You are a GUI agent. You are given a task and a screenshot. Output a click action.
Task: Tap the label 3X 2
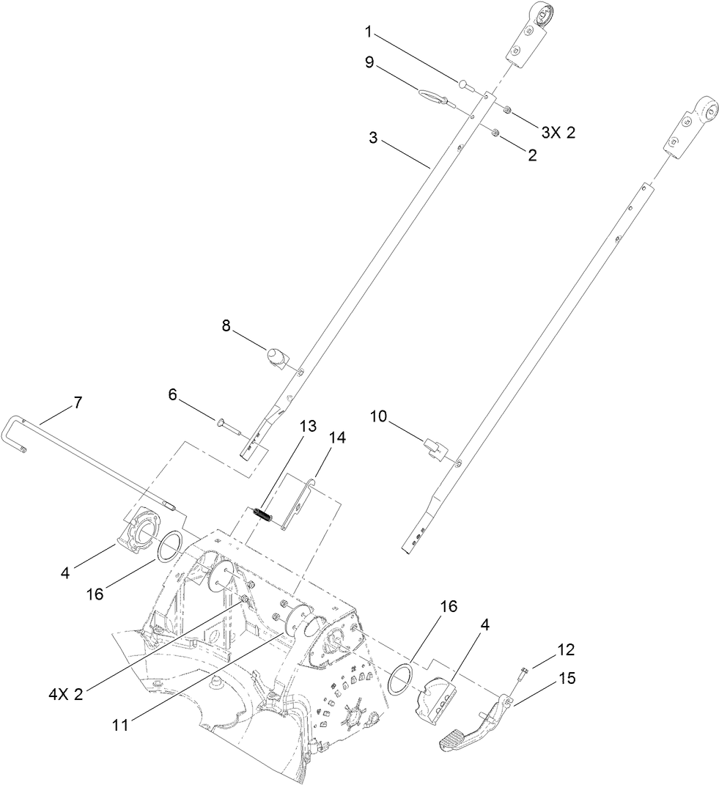[558, 132]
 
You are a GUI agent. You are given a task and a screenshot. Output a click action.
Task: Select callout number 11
[120, 725]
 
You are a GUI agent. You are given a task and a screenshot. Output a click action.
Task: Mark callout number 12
[565, 649]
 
